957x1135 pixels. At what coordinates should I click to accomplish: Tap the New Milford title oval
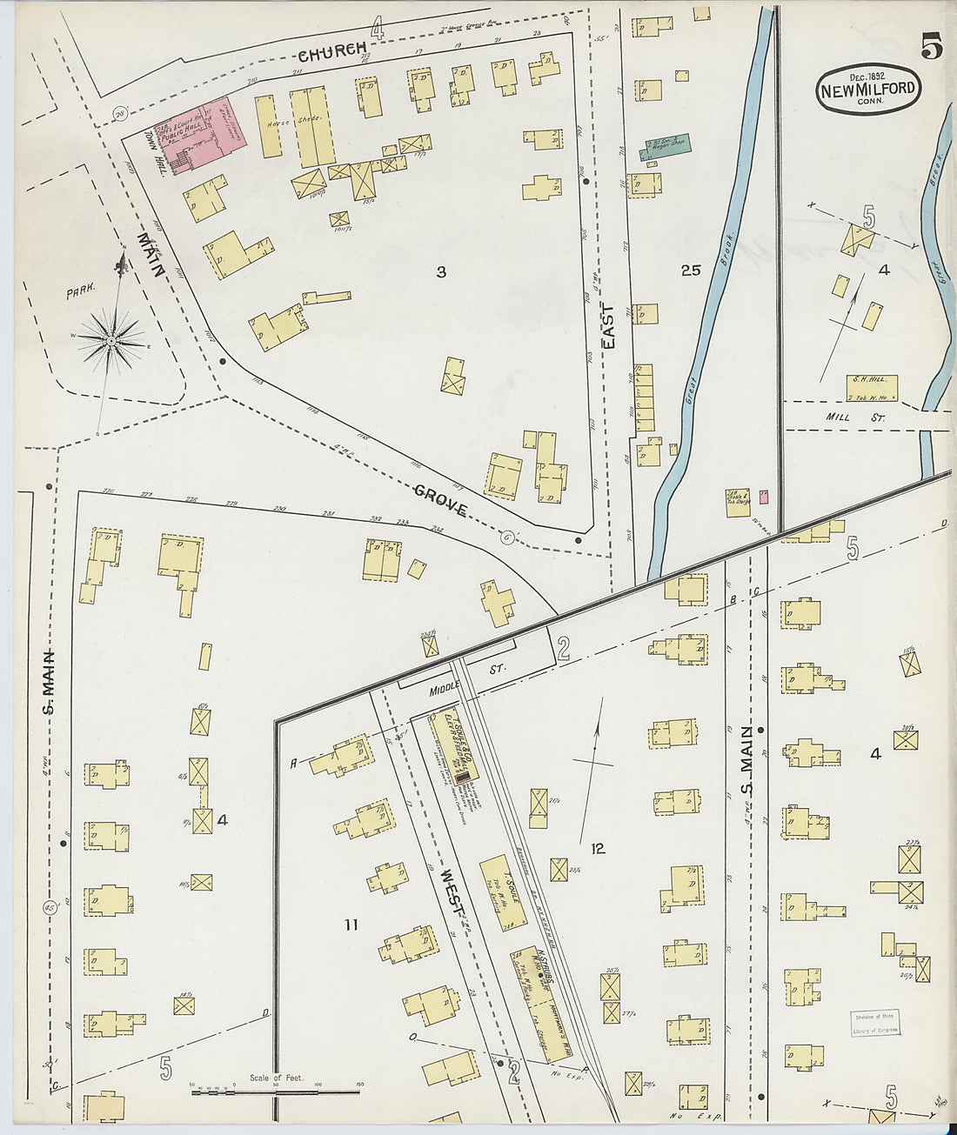point(867,89)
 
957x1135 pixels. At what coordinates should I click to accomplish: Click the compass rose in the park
point(111,341)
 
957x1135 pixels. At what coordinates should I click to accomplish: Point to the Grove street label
point(440,502)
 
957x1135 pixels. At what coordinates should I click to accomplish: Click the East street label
point(608,326)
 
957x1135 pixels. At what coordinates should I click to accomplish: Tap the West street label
point(453,892)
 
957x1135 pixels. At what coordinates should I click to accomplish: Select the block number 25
point(691,271)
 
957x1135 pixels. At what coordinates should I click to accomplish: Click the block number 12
point(597,848)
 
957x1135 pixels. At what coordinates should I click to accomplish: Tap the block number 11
point(350,925)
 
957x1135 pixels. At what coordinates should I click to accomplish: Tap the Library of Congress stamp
point(874,1023)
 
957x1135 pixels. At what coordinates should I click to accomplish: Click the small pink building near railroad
point(764,497)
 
